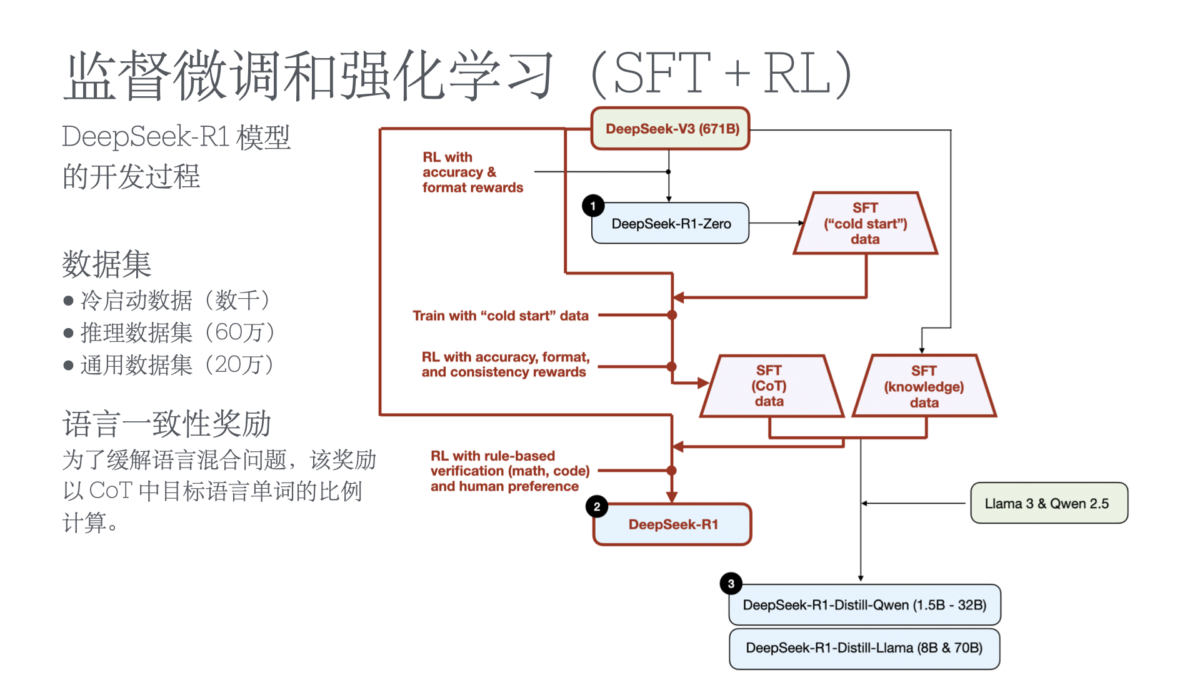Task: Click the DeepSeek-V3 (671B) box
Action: pos(671,129)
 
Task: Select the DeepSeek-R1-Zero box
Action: pos(671,223)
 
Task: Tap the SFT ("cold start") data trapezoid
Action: pos(865,223)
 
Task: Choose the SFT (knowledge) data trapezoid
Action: pos(924,386)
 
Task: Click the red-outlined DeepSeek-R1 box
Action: pos(672,524)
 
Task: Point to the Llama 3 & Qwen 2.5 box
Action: pos(1048,503)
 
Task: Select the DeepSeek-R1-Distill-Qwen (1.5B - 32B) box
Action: pos(864,605)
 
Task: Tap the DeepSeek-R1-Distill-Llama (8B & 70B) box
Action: pos(864,648)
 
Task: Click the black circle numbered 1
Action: pos(593,206)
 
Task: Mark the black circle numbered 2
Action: pos(597,506)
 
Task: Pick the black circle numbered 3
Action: pos(731,584)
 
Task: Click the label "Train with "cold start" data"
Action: pos(501,316)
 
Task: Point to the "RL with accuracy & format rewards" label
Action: pos(472,172)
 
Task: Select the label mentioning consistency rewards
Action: pos(505,364)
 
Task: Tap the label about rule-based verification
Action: pos(509,471)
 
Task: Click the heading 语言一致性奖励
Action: pos(166,424)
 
